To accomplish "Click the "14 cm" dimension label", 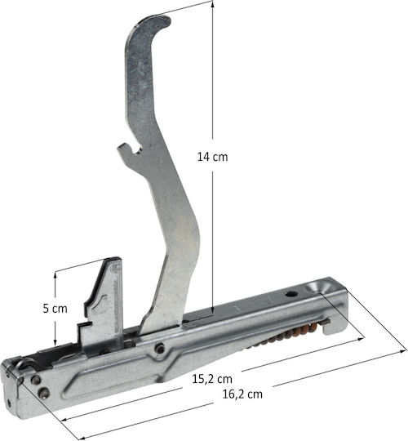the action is click(x=212, y=157).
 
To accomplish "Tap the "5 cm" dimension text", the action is click(x=55, y=309).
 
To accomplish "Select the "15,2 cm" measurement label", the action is click(x=212, y=379).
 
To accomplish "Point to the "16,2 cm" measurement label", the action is click(x=242, y=394).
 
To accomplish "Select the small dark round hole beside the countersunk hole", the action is click(x=290, y=295).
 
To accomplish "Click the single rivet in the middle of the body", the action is click(x=160, y=349).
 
